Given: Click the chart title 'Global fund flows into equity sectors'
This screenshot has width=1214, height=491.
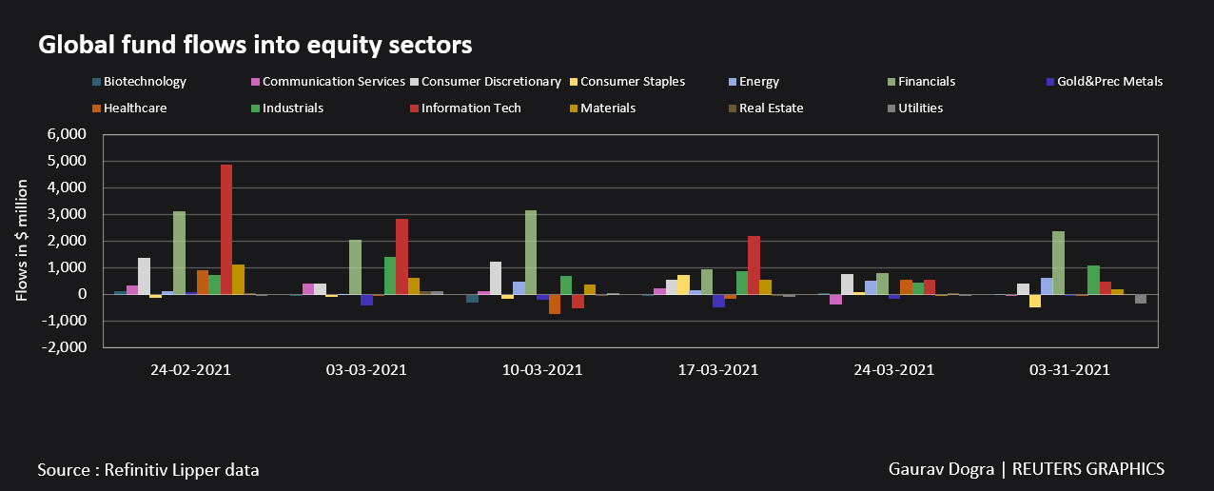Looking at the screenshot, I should click(x=255, y=45).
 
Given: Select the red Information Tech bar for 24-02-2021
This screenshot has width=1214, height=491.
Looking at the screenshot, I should click(x=226, y=229).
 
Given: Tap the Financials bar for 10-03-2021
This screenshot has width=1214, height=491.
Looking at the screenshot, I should click(x=531, y=252).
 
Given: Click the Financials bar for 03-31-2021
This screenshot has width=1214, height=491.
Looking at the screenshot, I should click(x=1058, y=263).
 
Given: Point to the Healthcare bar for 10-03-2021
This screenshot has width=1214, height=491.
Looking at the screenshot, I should click(x=555, y=304).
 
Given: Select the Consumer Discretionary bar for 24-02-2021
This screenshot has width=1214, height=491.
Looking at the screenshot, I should click(x=145, y=276).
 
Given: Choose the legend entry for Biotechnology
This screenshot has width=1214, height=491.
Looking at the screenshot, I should click(x=145, y=82).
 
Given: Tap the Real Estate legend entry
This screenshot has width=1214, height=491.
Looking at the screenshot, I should click(x=771, y=108).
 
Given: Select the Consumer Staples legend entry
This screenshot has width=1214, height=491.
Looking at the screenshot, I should click(x=632, y=82).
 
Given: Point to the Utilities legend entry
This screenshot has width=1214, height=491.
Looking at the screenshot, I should click(x=920, y=108).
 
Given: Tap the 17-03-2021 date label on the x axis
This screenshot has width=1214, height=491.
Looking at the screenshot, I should click(x=718, y=370).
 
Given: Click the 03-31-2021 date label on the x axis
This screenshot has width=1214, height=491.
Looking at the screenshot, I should click(x=1069, y=370).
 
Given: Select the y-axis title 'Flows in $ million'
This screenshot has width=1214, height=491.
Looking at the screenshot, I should click(x=22, y=242).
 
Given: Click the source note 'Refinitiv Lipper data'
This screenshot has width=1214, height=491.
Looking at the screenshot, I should click(x=181, y=470).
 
